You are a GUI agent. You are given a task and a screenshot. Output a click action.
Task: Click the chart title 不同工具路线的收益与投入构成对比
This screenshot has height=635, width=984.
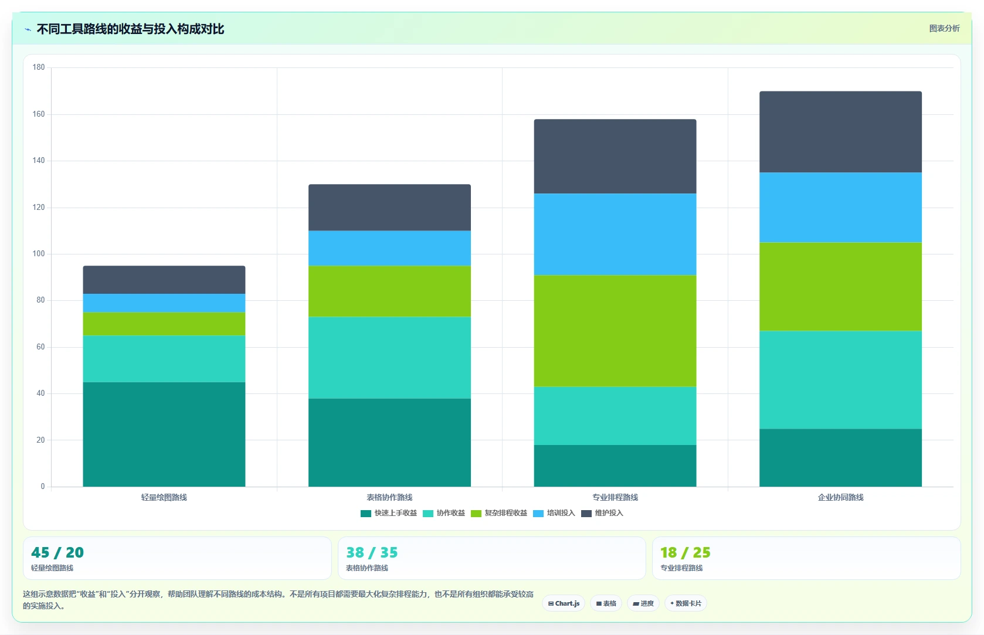[x=130, y=29]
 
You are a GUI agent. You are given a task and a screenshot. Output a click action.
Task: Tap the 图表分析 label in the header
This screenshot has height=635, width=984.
[x=944, y=29]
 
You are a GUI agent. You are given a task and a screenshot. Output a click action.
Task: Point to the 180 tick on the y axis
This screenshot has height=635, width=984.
[x=39, y=67]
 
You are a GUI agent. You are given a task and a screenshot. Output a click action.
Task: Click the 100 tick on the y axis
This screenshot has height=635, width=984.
[x=39, y=254]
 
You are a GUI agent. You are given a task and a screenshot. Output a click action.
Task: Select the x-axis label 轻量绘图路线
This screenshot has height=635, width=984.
[x=164, y=497]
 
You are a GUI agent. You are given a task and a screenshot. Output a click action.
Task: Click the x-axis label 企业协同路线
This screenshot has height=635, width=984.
[x=840, y=497]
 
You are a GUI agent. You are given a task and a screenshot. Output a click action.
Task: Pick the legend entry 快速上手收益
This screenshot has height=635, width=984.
[x=389, y=513]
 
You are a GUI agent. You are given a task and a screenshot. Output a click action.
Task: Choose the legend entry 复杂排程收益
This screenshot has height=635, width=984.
[x=499, y=513]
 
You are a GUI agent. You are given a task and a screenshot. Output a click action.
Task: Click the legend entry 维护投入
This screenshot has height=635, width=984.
[x=602, y=513]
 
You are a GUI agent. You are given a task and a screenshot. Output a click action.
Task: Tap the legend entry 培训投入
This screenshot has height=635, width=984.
[x=554, y=513]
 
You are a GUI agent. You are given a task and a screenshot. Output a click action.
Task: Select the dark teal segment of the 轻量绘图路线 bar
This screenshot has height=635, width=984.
[x=164, y=434]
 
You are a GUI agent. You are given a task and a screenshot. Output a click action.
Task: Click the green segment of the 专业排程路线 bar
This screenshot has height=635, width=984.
[x=615, y=331]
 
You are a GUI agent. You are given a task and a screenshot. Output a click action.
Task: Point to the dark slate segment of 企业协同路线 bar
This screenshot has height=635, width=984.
[x=840, y=132]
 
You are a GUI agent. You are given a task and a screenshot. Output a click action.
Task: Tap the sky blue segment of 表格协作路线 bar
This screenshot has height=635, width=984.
[x=389, y=248]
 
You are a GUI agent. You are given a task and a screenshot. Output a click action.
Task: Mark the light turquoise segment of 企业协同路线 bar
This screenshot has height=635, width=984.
[x=840, y=380]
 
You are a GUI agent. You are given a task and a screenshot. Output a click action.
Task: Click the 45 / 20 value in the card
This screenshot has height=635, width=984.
[x=57, y=552]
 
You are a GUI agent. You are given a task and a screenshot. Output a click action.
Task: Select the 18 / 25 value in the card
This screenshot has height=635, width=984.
[x=686, y=552]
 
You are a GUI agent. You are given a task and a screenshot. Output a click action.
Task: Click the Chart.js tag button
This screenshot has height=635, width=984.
[x=564, y=603]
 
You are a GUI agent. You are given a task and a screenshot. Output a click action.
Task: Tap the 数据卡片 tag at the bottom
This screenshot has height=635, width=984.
[x=686, y=603]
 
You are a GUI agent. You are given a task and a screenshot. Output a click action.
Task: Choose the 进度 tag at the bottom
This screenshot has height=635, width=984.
[x=643, y=603]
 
